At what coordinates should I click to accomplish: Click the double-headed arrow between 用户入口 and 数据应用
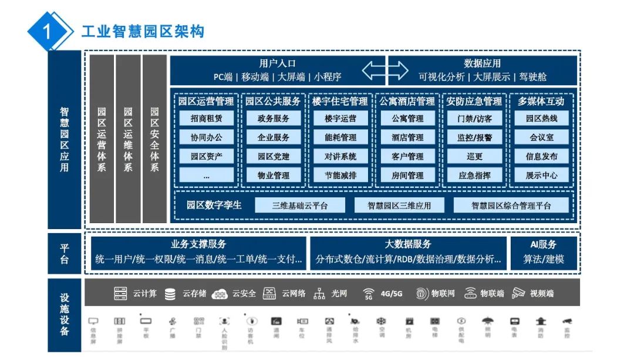pos(385,70)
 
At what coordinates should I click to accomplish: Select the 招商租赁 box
pos(207,119)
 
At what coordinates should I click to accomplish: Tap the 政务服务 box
pos(273,119)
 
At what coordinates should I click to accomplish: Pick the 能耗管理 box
pos(340,138)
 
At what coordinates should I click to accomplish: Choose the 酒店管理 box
pos(407,138)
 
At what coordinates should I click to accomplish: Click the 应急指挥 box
pos(474,175)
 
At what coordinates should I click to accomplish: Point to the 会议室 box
pos(541,138)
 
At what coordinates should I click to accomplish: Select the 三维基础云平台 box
pos(300,206)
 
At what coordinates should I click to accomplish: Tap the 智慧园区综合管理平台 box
pos(511,206)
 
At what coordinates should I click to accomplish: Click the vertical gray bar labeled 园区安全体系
pos(154,139)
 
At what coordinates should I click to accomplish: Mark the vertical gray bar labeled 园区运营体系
pos(102,139)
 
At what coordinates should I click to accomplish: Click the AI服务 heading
pos(544,244)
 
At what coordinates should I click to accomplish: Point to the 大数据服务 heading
pos(408,244)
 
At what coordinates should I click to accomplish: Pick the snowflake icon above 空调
pos(381,321)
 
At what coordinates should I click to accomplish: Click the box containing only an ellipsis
pos(207,175)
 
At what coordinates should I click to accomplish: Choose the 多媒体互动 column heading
pos(541,101)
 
